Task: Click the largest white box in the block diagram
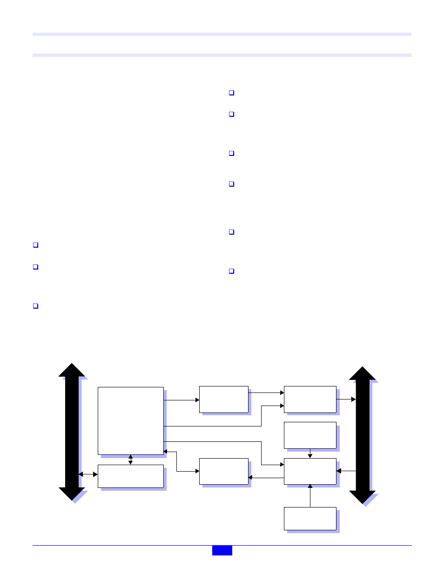click(x=131, y=420)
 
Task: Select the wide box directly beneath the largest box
click(x=131, y=476)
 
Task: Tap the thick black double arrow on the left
click(x=72, y=432)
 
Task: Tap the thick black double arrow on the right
click(x=363, y=435)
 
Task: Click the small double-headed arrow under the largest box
click(x=130, y=460)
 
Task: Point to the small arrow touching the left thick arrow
click(x=88, y=474)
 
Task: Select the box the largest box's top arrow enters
click(x=223, y=399)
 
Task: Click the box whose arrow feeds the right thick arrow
click(x=310, y=399)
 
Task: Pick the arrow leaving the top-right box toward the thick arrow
click(x=346, y=399)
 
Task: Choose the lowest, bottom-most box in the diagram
click(x=310, y=519)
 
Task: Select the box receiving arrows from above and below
click(x=310, y=471)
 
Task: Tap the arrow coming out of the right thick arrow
click(x=346, y=471)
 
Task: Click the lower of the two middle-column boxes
click(x=223, y=471)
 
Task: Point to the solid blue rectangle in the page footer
click(x=222, y=550)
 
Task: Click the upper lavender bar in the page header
click(x=222, y=34)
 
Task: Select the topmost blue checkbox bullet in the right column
click(x=231, y=93)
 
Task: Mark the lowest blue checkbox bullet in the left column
click(x=35, y=306)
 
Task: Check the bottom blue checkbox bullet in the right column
click(x=231, y=271)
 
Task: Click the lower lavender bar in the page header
click(x=222, y=55)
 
